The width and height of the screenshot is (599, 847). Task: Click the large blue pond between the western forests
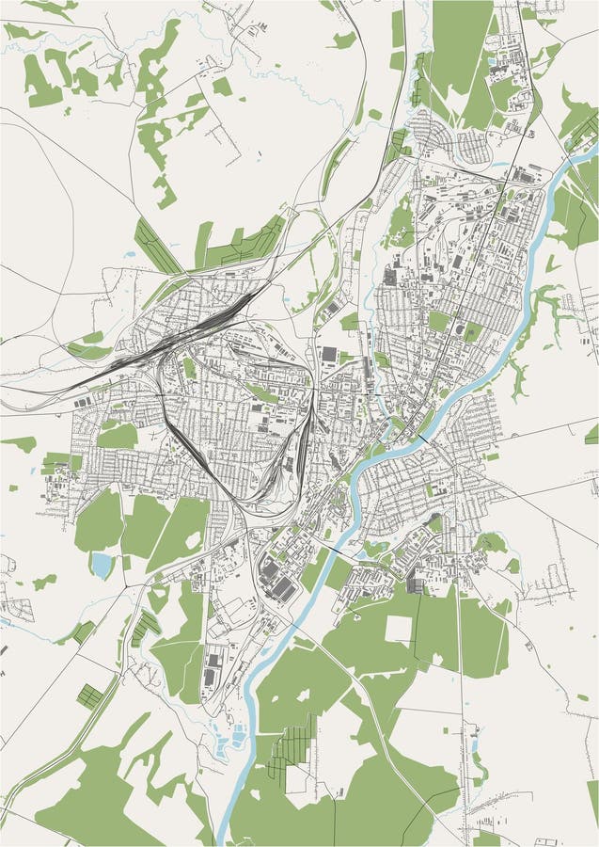(102, 564)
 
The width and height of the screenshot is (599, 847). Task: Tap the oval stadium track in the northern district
(456, 331)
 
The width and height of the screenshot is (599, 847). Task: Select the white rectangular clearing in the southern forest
(399, 629)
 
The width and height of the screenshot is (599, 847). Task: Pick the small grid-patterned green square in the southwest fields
(89, 695)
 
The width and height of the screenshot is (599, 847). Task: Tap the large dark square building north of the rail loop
(329, 354)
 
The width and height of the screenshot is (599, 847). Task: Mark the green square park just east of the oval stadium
(474, 331)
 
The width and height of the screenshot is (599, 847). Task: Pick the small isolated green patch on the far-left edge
(19, 442)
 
